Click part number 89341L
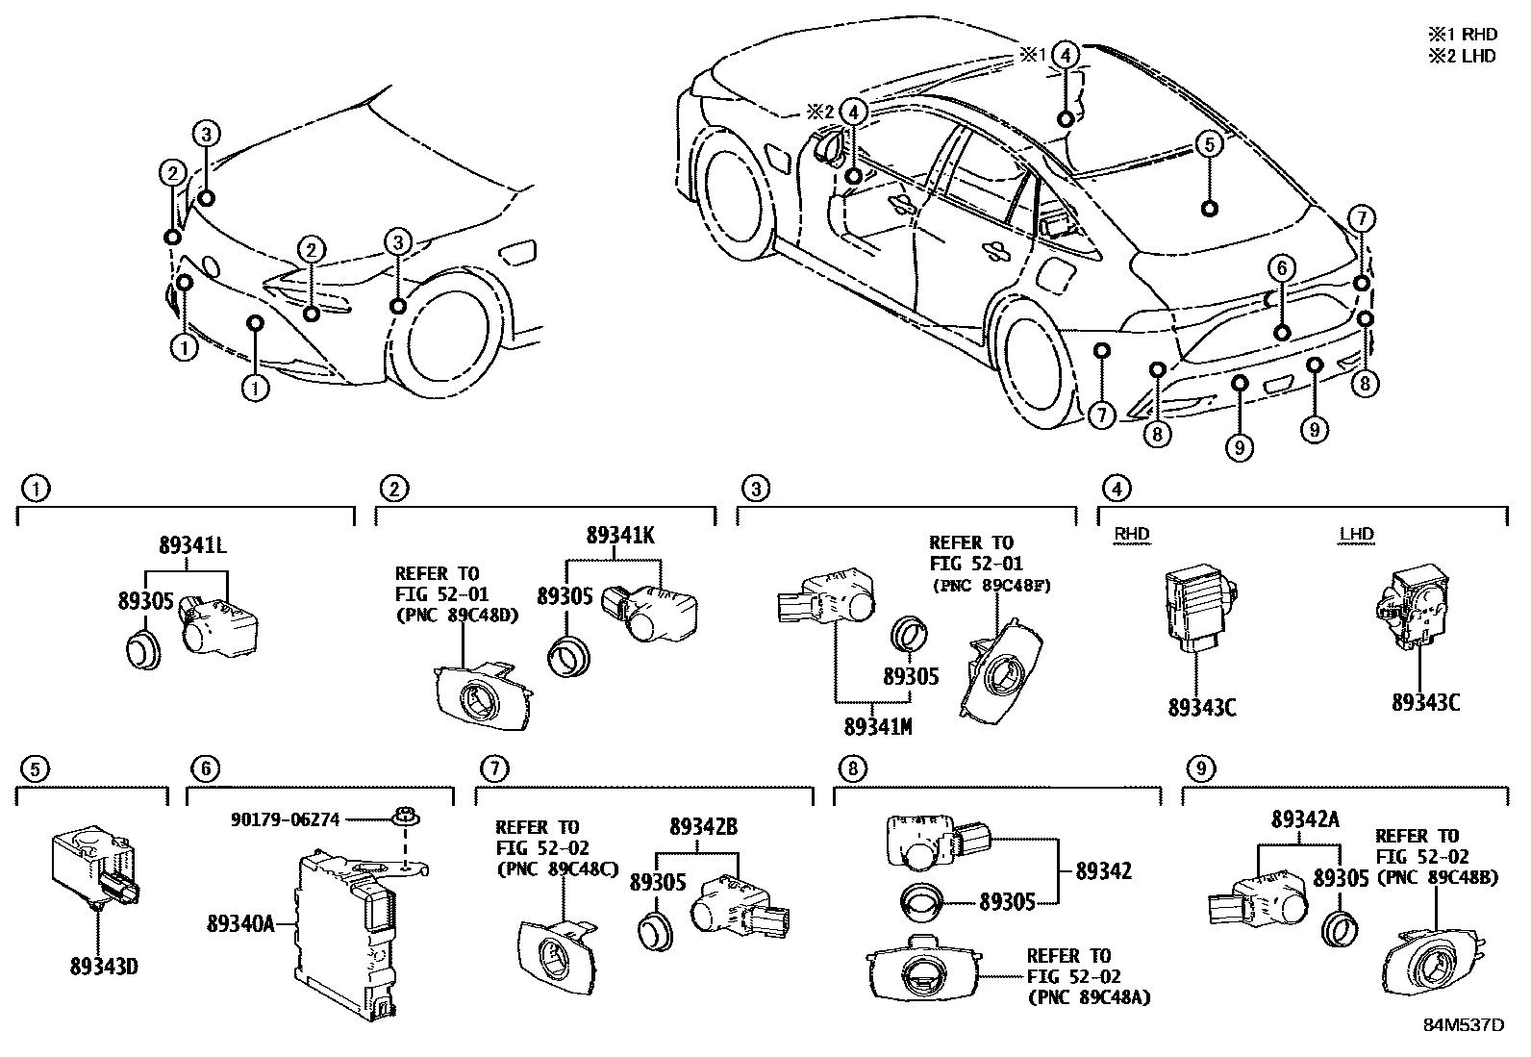tap(192, 545)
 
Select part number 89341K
tap(620, 536)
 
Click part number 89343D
tap(104, 965)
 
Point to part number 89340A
tap(240, 924)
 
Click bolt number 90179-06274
tap(286, 819)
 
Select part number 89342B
tap(703, 826)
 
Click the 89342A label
tap(1304, 819)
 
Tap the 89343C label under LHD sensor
tap(1425, 702)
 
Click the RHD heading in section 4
tap(1131, 535)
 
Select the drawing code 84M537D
tap(1463, 1024)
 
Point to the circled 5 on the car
tap(1209, 145)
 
